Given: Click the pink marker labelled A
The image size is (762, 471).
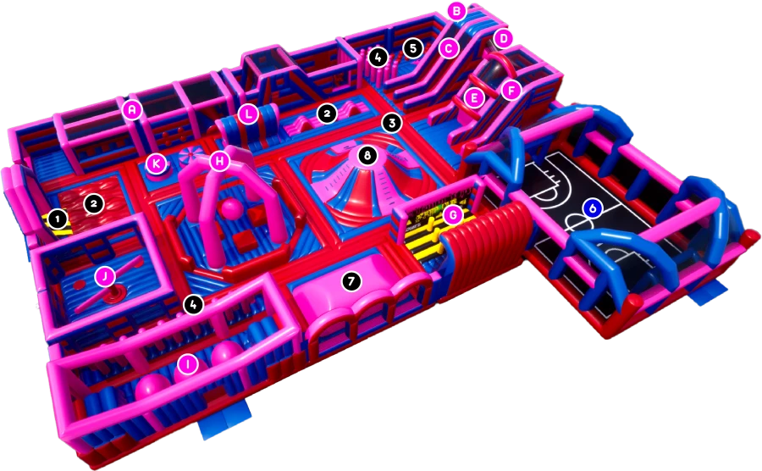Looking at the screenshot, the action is [x=132, y=111].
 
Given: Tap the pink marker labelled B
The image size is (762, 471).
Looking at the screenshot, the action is [x=457, y=11].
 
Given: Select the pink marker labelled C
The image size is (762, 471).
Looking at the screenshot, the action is [x=449, y=48].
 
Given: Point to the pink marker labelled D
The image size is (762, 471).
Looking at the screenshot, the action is [x=504, y=38].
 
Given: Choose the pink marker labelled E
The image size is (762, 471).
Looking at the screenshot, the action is [x=474, y=98].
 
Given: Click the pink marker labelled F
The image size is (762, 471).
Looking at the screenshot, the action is [x=511, y=90].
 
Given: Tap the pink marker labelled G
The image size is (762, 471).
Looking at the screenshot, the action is [x=454, y=213].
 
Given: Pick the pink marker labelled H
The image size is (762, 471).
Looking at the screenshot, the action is [x=219, y=161].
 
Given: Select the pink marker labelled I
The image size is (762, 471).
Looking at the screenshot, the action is [x=187, y=364].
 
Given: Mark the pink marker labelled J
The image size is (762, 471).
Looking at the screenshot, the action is [x=105, y=277].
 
